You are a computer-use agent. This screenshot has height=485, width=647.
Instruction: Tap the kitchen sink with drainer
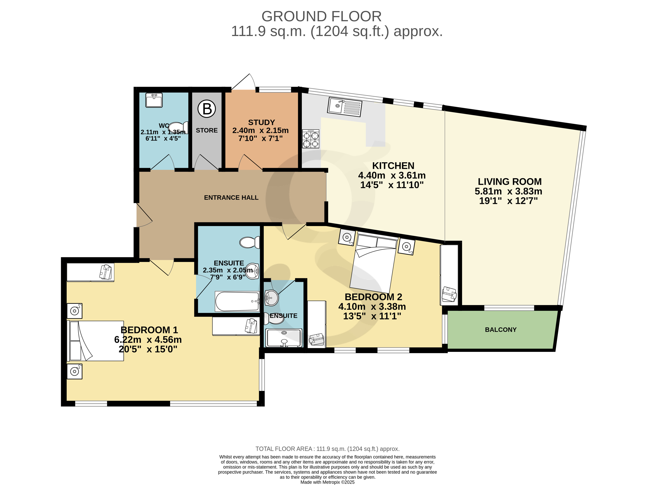345,107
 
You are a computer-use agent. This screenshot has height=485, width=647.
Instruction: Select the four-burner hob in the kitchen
311,139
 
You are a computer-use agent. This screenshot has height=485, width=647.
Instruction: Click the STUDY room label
261,122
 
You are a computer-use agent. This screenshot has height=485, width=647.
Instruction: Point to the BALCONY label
501,330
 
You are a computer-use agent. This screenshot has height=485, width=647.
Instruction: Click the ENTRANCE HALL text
231,198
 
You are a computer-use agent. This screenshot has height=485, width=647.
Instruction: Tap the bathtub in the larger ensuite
237,301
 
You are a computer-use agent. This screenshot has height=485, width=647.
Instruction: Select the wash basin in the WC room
154,100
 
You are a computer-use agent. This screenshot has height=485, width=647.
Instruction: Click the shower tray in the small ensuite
283,338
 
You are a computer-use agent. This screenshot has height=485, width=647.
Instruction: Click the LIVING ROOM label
510,182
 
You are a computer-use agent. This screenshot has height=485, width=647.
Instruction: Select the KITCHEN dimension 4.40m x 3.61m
392,175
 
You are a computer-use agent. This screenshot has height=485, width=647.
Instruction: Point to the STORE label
207,130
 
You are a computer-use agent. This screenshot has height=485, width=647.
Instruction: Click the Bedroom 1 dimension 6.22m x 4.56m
148,340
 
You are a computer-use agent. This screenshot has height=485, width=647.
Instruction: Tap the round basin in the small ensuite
271,298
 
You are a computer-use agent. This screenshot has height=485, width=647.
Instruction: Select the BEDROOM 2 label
374,297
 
